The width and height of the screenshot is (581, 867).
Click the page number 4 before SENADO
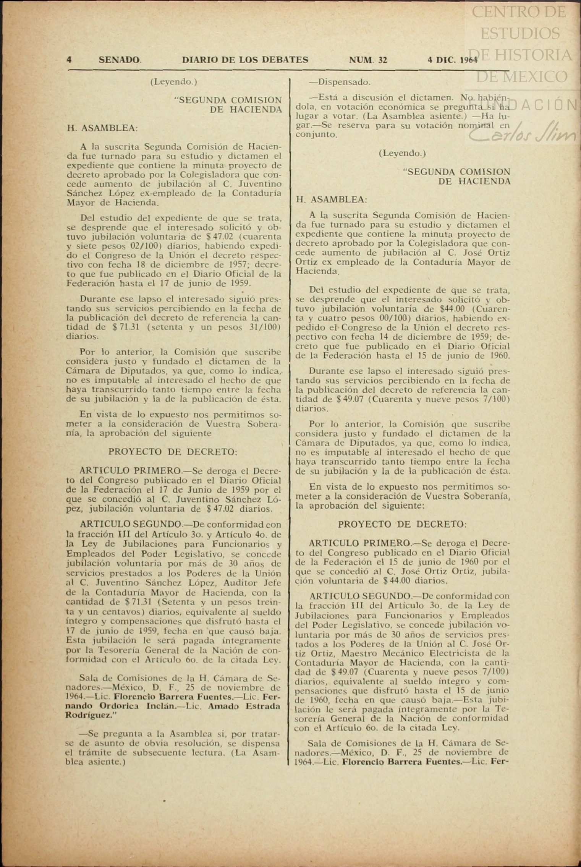[70, 60]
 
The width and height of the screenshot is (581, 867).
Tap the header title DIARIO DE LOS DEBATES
[245, 60]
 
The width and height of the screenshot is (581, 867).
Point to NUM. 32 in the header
[368, 60]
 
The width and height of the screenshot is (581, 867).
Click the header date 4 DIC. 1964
[453, 60]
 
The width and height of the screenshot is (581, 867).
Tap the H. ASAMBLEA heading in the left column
[102, 128]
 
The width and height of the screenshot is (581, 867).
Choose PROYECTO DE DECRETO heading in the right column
[402, 524]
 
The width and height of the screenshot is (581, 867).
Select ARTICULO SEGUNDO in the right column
[359, 596]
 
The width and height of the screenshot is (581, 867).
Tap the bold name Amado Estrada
[244, 707]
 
